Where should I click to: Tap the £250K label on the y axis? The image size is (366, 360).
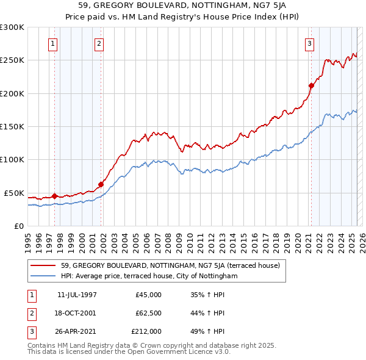12,60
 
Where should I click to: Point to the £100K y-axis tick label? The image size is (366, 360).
12,159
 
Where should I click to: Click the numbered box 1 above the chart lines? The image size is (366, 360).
54,43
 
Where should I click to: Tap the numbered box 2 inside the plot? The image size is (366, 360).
99,43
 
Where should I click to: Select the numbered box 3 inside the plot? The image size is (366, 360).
310,43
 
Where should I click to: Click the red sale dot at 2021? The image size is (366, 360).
311,85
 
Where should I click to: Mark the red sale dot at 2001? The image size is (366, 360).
101,184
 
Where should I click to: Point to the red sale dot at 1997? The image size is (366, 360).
54,196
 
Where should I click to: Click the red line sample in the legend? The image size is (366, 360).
45,265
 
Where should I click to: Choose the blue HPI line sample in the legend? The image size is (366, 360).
45,276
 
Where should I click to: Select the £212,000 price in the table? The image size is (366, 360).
146,331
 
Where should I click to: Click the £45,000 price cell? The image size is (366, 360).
148,295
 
